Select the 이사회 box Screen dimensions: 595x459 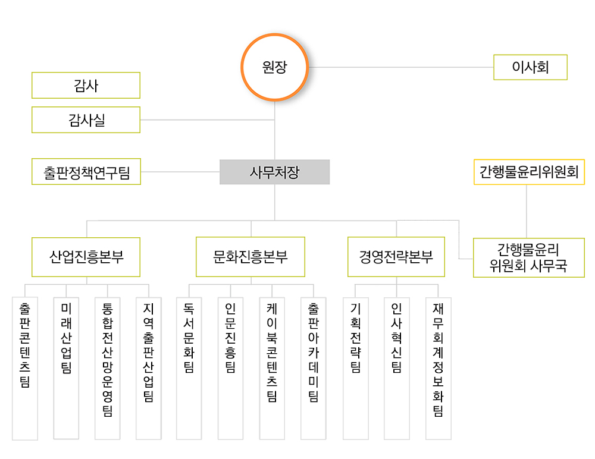coord(530,67)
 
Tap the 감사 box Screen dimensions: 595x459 coord(86,86)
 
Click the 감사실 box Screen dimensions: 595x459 coord(86,120)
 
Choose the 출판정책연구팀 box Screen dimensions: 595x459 coord(86,172)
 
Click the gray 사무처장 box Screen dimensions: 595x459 coord(274,172)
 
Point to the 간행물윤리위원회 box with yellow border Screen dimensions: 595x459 coord(529,172)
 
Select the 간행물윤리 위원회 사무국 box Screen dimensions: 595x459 coord(528,258)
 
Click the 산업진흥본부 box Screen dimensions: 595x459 coord(86,257)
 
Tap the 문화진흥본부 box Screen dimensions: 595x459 coord(250,257)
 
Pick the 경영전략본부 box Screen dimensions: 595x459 coord(396,257)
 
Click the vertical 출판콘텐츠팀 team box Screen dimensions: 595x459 coord(25,369)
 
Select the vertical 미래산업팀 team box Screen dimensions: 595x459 coord(66,369)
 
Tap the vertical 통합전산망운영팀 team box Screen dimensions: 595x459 coord(107,369)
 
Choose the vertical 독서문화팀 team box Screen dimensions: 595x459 coord(189,369)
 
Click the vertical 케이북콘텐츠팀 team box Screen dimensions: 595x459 coord(272,369)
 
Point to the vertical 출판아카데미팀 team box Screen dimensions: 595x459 coord(314,369)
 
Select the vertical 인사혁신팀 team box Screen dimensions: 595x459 coord(396,369)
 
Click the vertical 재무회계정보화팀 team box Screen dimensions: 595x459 coord(439,369)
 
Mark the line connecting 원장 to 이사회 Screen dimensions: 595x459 coord(401,67)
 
